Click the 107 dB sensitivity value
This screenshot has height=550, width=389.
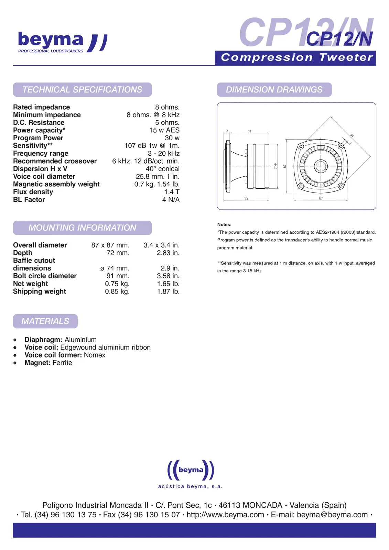[152, 146]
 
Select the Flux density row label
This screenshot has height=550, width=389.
[33, 192]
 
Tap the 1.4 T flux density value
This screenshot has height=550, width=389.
[172, 192]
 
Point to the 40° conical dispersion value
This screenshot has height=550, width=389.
[162, 169]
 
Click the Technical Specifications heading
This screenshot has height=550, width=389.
[82, 90]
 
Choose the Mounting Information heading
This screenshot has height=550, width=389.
[82, 228]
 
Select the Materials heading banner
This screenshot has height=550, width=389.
[45, 321]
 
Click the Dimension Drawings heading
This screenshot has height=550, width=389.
[274, 90]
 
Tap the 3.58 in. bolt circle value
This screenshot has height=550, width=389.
[168, 276]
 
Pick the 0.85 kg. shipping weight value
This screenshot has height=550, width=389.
[117, 291]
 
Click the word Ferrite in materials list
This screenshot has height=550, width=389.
[62, 363]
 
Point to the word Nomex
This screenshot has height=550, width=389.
[95, 355]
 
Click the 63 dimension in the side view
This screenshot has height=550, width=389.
[249, 131]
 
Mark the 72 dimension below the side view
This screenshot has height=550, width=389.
[246, 198]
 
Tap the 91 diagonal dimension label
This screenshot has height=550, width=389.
[352, 135]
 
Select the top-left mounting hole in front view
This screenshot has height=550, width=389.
[301, 146]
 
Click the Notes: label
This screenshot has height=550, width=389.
[224, 224]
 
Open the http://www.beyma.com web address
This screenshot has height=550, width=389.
[225, 515]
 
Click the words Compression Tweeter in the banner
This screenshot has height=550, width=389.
[297, 57]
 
